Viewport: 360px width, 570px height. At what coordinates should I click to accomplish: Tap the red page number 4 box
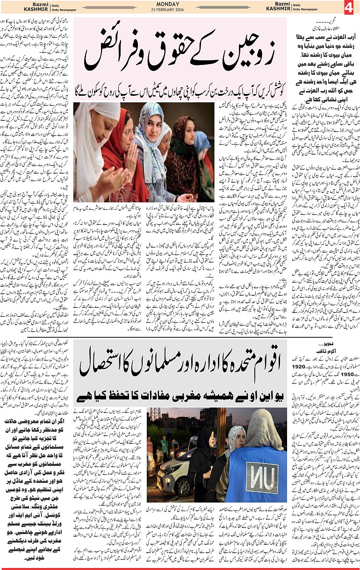point(351,8)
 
